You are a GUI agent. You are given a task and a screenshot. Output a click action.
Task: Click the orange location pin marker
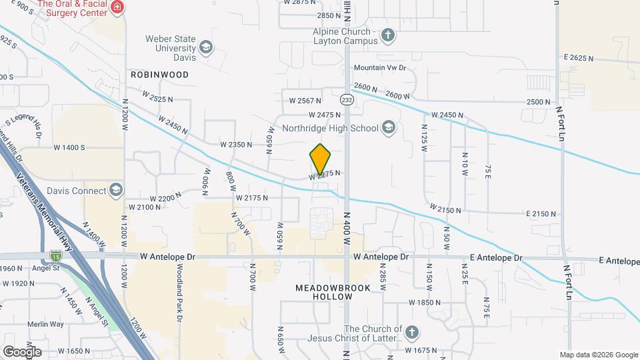click(x=321, y=159)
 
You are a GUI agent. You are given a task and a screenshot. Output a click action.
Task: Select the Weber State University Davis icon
click(x=206, y=47)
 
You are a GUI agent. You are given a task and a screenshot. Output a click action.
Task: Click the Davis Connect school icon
click(x=117, y=191)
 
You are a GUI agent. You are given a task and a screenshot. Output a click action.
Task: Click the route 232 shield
click(x=346, y=99)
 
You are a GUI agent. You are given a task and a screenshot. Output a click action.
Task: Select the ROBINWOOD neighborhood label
click(x=159, y=75)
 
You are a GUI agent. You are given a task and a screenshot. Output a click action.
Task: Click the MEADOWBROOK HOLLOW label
click(x=323, y=292)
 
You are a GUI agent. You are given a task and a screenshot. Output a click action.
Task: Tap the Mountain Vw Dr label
click(x=379, y=68)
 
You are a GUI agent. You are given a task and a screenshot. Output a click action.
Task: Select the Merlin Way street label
click(x=27, y=324)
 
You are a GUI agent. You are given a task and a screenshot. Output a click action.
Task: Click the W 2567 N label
click(x=305, y=101)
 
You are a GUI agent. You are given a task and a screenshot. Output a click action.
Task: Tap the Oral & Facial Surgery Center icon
click(x=117, y=7)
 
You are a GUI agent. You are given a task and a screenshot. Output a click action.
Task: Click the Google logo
click(x=22, y=351)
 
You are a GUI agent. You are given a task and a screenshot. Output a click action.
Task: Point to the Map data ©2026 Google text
click(x=598, y=355)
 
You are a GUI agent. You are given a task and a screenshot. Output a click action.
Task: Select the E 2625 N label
click(x=577, y=58)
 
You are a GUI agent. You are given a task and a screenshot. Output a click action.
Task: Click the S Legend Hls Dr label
click(x=25, y=127)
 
